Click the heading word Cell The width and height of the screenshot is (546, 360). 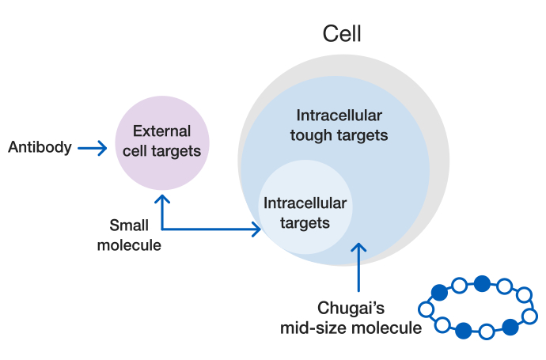[x=342, y=34]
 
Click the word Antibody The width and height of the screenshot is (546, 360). [x=40, y=147]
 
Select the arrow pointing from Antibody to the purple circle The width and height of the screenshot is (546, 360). [x=93, y=147]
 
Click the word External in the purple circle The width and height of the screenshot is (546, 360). [x=161, y=131]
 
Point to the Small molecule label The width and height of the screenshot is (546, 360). [x=129, y=235]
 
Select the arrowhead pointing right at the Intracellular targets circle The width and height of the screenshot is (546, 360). [x=255, y=229]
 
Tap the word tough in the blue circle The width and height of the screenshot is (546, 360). [x=310, y=135]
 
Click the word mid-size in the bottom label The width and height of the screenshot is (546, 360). [x=314, y=327]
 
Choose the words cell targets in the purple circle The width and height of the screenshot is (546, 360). [x=162, y=150]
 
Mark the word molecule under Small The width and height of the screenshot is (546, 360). [x=129, y=245]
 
